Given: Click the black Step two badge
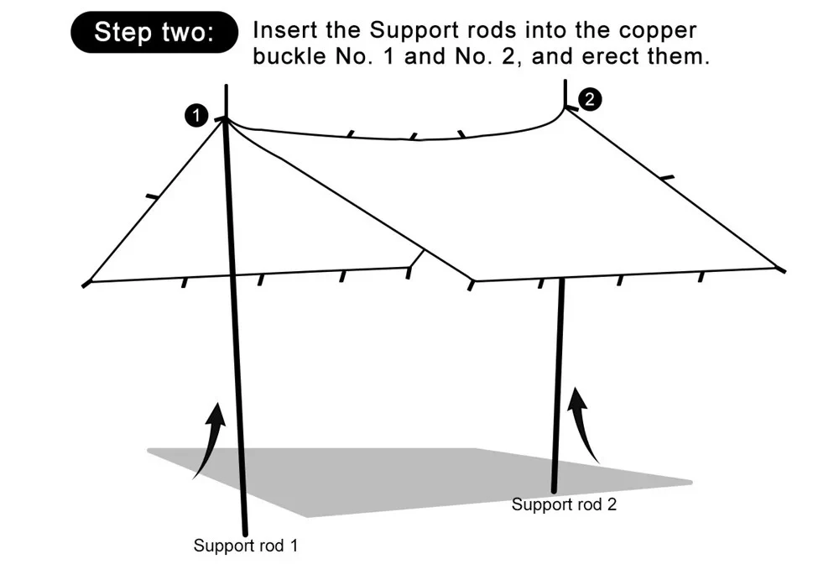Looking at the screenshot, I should (x=154, y=33).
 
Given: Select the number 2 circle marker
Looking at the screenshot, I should (x=590, y=99).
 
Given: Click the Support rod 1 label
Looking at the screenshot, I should (x=246, y=546).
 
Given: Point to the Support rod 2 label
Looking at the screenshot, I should (x=565, y=504).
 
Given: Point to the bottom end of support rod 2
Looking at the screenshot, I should (x=555, y=490).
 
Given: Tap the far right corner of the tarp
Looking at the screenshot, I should (x=781, y=269).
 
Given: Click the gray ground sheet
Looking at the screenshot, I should (x=403, y=478).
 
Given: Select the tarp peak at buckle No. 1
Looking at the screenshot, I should (x=225, y=120).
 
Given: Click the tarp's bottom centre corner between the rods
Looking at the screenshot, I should (x=474, y=281).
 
